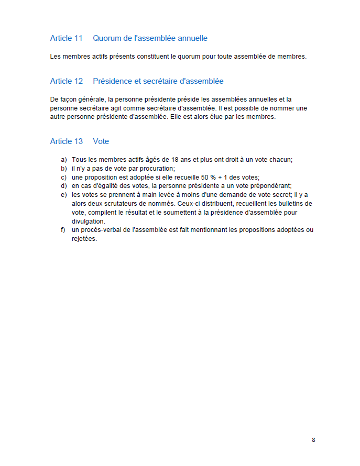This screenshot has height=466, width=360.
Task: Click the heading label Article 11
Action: [67, 38]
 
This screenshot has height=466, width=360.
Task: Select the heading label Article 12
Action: [67, 81]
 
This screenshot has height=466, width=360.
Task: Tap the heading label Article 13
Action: [67, 141]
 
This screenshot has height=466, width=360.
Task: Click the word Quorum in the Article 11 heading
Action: [107, 38]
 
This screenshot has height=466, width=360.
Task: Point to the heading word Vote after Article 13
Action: [101, 141]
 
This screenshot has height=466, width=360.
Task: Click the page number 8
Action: [313, 440]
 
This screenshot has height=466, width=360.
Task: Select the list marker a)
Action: [64, 160]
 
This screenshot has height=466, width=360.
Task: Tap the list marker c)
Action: [64, 177]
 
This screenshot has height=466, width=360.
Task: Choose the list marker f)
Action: [63, 230]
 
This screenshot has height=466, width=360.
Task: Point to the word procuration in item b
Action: [157, 169]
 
